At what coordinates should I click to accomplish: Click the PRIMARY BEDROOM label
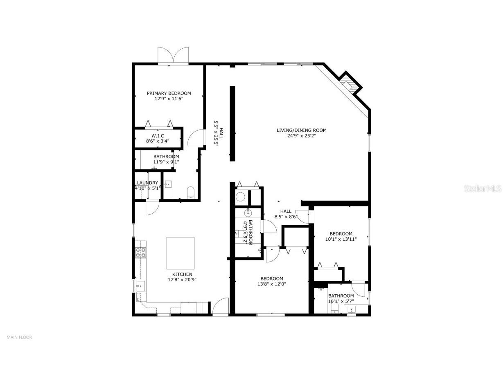pos(169,93)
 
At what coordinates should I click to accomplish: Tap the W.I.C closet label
pos(158,136)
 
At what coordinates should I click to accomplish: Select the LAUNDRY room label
pos(147,183)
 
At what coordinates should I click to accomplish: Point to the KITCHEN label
pos(182,274)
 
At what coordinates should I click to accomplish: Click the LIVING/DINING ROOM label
pos(302,130)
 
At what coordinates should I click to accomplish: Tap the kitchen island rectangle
pos(180,253)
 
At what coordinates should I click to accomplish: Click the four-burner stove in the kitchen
pos(141,252)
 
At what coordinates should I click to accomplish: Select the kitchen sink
pos(140,286)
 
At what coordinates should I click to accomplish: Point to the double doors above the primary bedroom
pos(173,55)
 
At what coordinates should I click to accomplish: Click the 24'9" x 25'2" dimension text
pos(302,135)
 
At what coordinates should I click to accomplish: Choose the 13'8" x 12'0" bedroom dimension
pos(272,284)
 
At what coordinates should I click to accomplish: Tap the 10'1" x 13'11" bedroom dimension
pos(341,239)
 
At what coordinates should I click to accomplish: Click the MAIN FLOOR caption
pos(19,337)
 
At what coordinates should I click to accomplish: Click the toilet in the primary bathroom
pos(190,193)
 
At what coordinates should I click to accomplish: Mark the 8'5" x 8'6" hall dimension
pos(286,217)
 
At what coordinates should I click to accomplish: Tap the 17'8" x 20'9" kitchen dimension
pos(182,280)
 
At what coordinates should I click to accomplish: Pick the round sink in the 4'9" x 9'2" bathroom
pos(248,213)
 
